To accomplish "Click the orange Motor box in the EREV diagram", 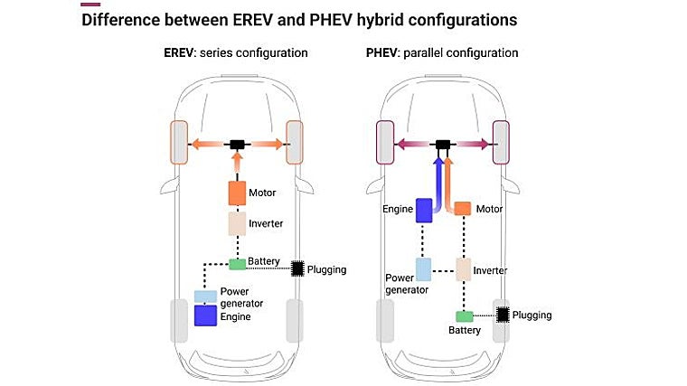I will pyautogui.click(x=237, y=192).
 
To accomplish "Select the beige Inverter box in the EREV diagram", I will pyautogui.click(x=237, y=223).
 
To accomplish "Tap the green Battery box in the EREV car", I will pyautogui.click(x=238, y=263).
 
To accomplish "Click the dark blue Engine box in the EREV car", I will pyautogui.click(x=206, y=315).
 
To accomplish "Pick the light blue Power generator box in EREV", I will pyautogui.click(x=206, y=296).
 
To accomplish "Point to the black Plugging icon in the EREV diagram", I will pyautogui.click(x=296, y=267).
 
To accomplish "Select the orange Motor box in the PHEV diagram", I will pyautogui.click(x=462, y=208).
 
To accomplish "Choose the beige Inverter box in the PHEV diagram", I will pyautogui.click(x=463, y=268).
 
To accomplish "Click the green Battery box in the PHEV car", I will pyautogui.click(x=464, y=315).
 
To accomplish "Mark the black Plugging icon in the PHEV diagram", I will pyautogui.click(x=504, y=314).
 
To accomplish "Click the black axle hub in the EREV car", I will pyautogui.click(x=238, y=144).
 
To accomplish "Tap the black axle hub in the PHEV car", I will pyautogui.click(x=443, y=144).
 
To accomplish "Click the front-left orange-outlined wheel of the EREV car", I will pyautogui.click(x=179, y=143).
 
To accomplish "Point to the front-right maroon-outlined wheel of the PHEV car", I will pyautogui.click(x=501, y=143).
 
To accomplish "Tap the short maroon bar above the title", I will pyautogui.click(x=91, y=4).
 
